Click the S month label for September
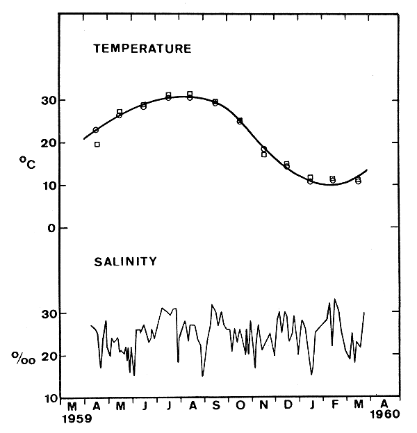(x=215, y=405)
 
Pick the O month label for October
(x=240, y=405)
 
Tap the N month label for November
(x=263, y=405)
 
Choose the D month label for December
(x=287, y=405)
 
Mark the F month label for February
(x=335, y=405)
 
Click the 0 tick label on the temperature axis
(x=43, y=228)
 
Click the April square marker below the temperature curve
(x=97, y=145)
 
